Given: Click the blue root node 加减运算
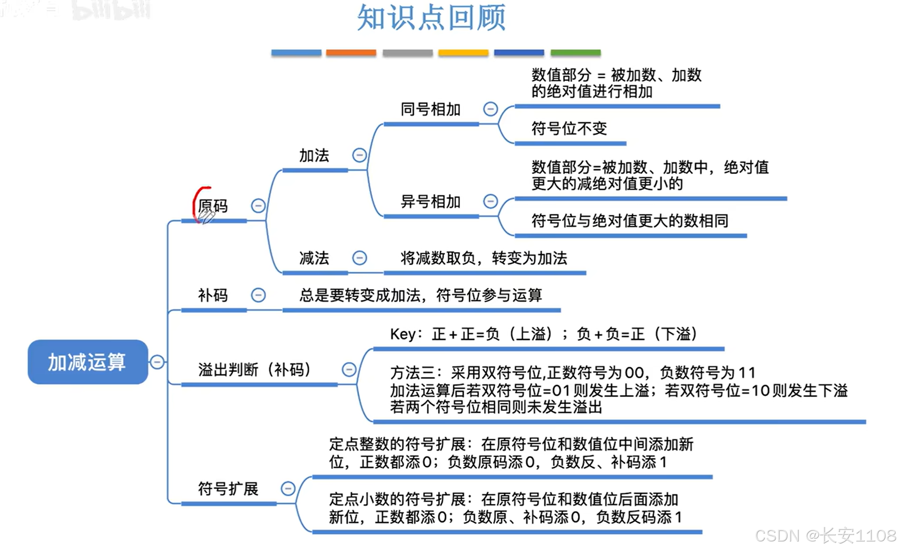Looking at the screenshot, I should (87, 362).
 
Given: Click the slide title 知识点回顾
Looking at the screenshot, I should (431, 18).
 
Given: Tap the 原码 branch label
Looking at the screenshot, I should (213, 206).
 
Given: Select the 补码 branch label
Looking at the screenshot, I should (213, 295).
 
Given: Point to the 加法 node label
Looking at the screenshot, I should (314, 155).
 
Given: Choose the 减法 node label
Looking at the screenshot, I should (314, 258).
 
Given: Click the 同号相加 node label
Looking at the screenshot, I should (430, 109).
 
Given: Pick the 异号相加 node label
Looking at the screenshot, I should (430, 202).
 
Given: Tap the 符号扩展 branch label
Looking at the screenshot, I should (228, 489).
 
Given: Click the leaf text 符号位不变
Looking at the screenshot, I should (569, 129).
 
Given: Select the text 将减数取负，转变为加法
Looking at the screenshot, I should (484, 258).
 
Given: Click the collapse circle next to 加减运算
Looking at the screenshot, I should (157, 362).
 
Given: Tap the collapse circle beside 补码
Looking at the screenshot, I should (258, 295).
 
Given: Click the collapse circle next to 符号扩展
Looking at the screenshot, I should (288, 488).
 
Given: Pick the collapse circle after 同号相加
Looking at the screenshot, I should (490, 109).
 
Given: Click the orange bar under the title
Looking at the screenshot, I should (351, 53).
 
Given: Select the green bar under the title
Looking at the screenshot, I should (576, 53).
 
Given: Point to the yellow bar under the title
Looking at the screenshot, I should (463, 53).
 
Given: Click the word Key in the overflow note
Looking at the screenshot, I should (403, 334).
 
